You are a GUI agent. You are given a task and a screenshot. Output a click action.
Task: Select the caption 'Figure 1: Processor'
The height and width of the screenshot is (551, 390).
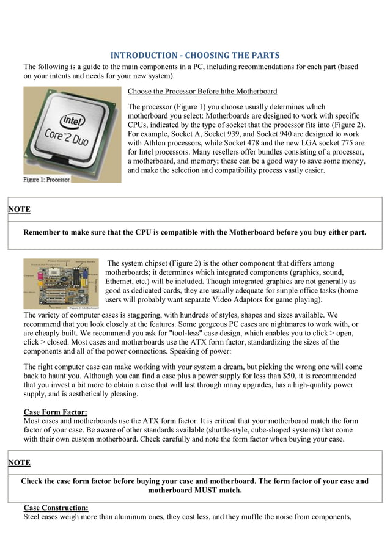click(47, 180)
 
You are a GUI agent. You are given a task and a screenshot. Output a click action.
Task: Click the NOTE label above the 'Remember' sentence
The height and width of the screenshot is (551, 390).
click(19, 210)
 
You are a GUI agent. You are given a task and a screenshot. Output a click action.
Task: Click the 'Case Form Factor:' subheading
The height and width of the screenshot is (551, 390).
click(55, 412)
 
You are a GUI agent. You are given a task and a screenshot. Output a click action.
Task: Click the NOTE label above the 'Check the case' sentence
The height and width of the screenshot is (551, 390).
click(19, 463)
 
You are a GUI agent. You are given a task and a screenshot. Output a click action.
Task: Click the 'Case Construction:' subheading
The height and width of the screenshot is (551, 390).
click(56, 508)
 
